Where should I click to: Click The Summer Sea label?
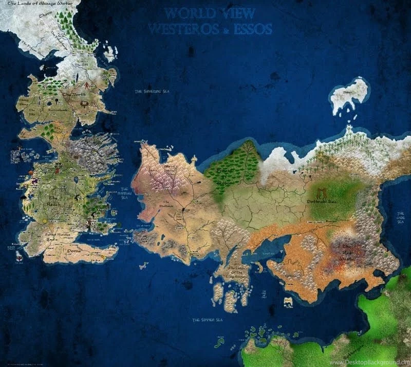click(207, 320)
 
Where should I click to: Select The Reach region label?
click(53, 201)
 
